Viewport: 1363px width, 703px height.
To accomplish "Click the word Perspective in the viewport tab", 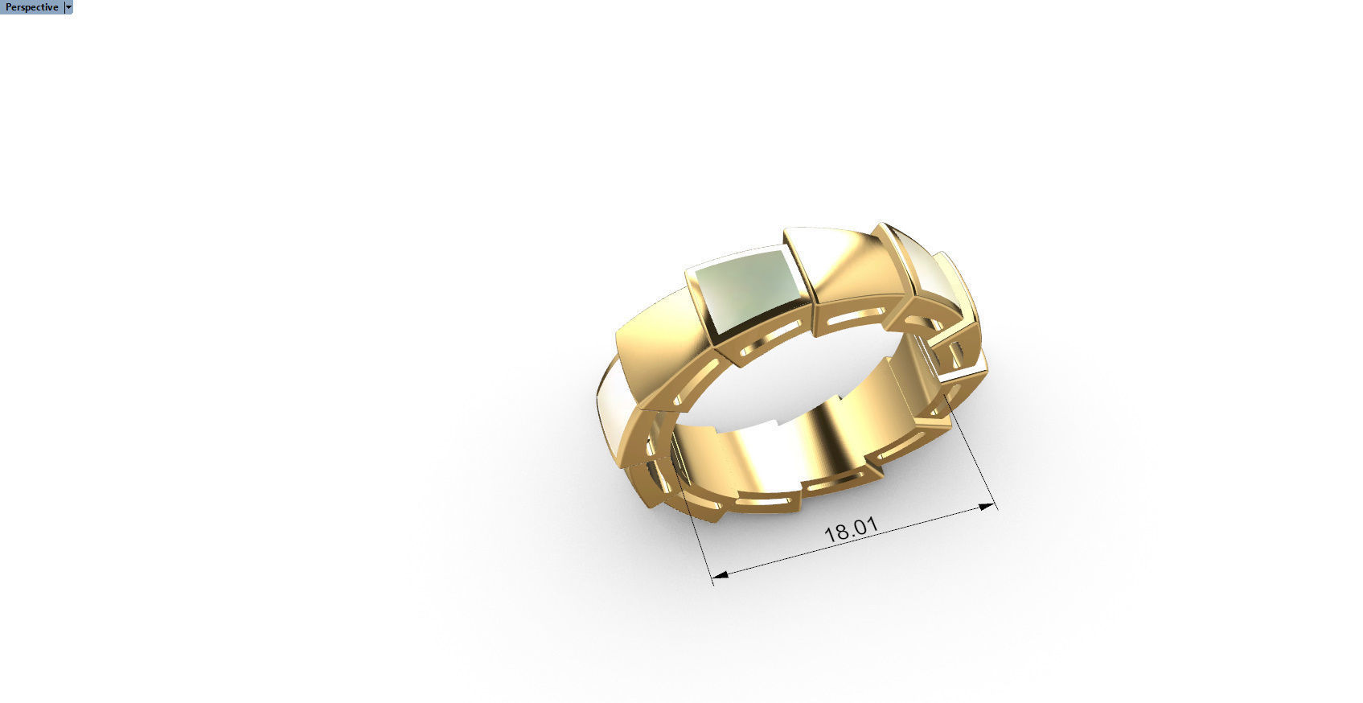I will [31, 7].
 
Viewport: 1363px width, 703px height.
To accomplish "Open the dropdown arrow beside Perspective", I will [68, 7].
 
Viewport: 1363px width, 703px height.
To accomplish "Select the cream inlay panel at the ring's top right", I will [933, 277].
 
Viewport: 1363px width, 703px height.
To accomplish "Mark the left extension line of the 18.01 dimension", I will [700, 531].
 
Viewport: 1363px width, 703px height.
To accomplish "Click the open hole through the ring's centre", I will [796, 378].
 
